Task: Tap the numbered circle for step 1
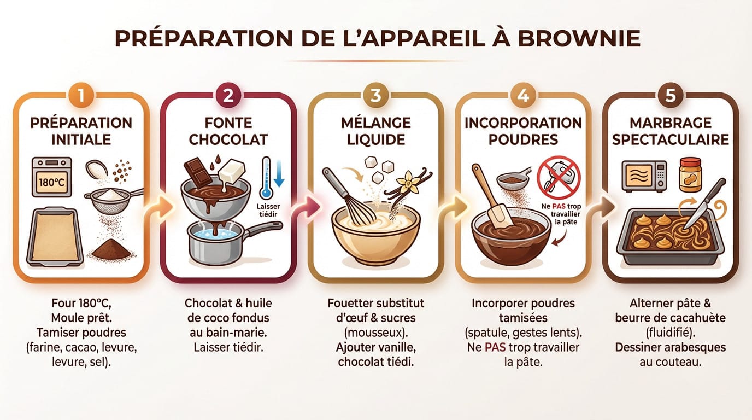coord(81,95)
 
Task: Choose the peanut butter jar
coord(690,174)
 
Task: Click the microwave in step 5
coord(644,176)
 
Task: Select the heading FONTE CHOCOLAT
coord(228,131)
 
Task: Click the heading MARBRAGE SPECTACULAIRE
coord(670,131)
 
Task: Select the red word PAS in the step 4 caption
coord(495,347)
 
